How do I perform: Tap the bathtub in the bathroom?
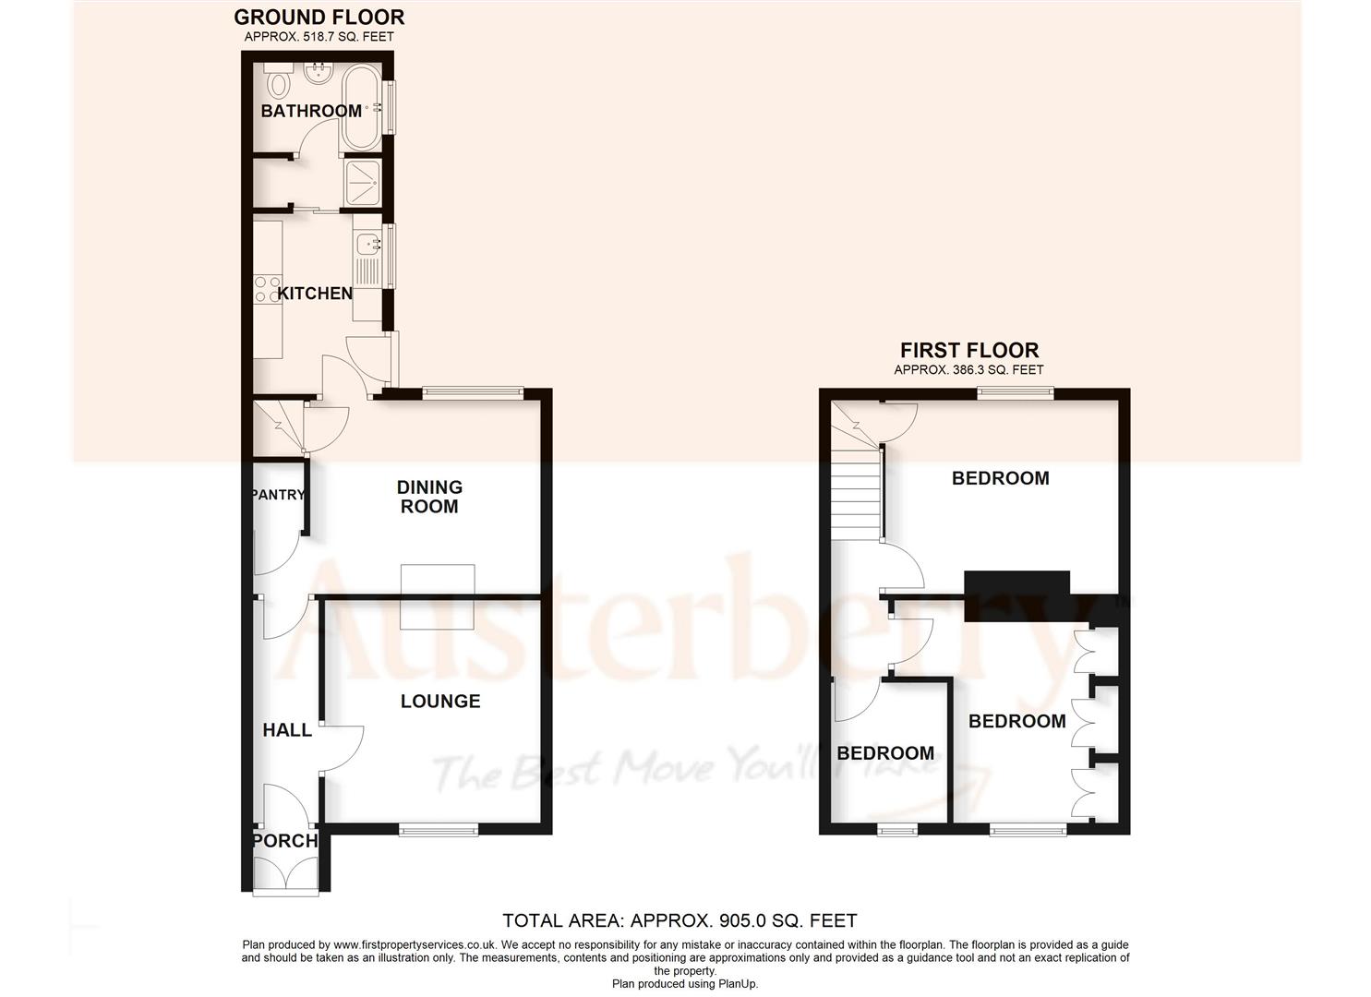360,108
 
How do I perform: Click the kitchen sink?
367,245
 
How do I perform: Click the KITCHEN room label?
315,294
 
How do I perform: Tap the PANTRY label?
278,495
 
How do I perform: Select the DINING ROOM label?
429,497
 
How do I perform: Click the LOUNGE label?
440,702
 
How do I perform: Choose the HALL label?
287,730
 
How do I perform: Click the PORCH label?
285,841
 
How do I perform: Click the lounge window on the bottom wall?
439,831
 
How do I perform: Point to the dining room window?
473,392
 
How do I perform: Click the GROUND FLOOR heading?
319,17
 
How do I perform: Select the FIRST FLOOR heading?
969,351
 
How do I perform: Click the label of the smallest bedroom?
885,753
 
